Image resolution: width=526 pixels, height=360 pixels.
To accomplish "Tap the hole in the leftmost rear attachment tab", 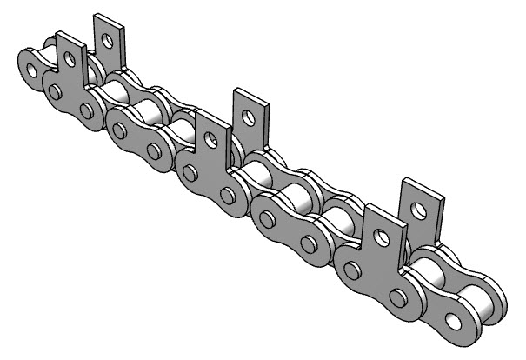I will [x=108, y=38].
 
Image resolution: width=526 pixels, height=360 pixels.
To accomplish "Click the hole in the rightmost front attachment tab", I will [x=379, y=234].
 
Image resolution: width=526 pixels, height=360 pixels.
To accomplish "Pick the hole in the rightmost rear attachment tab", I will [x=421, y=210].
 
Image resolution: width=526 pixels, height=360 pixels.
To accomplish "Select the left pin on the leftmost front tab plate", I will [x=55, y=90].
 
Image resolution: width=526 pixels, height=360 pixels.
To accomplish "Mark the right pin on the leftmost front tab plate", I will [x=86, y=110].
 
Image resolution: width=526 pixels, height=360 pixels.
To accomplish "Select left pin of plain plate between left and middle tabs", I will [x=119, y=130].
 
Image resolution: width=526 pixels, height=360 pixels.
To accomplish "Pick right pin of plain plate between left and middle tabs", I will [x=154, y=150].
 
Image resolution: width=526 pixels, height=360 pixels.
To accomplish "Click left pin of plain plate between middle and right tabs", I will [x=266, y=218].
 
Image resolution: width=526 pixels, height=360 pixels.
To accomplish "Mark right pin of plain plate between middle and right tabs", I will [x=307, y=241].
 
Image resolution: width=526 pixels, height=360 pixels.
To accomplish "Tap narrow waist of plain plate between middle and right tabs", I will [x=287, y=228].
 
